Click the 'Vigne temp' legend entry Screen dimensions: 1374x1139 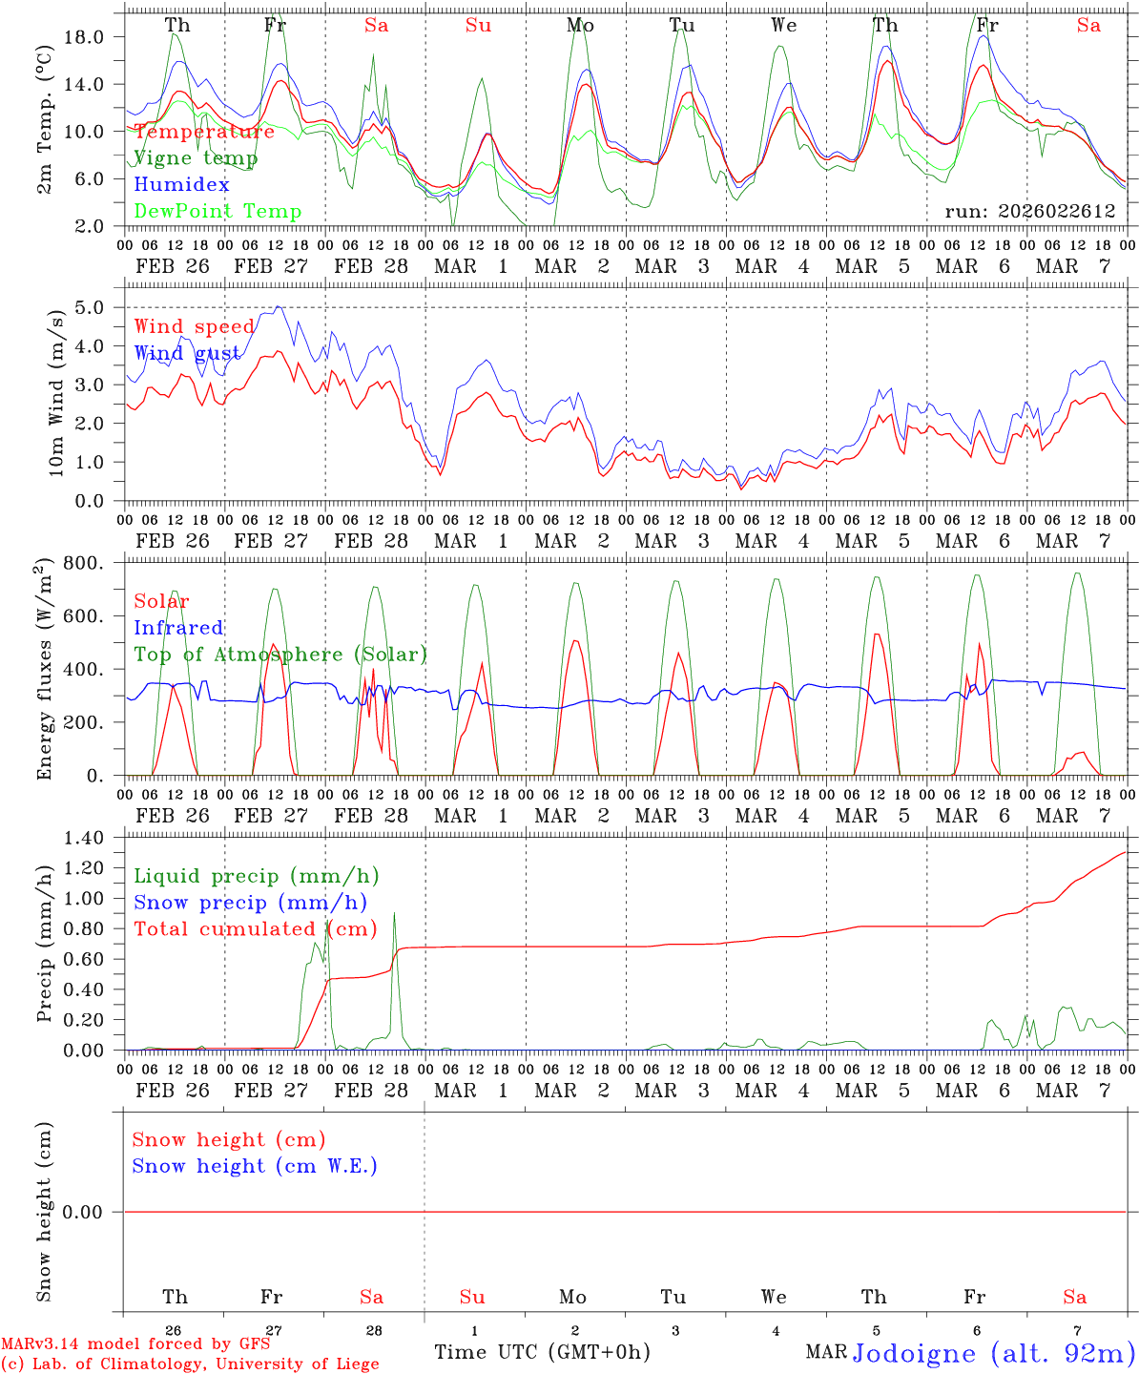point(196,158)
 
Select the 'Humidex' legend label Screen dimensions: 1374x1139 point(181,184)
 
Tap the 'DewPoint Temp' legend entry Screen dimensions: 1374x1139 point(217,211)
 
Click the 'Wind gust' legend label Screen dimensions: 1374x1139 point(187,353)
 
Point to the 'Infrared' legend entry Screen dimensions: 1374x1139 point(178,628)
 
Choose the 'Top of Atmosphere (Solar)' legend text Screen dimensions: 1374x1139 point(280,655)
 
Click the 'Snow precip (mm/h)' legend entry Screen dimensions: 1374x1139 point(250,903)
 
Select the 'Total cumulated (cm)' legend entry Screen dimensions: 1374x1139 point(255,928)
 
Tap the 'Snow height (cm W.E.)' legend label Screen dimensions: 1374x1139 point(255,1166)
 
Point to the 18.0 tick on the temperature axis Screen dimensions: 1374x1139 point(95,36)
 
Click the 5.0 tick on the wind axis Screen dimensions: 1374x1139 point(95,307)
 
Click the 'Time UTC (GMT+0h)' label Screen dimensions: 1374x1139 point(542,1352)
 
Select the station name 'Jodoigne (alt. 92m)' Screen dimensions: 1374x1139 point(992,1353)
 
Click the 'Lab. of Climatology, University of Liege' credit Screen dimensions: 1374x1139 point(190,1364)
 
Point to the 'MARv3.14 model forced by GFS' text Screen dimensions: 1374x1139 point(135,1343)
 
